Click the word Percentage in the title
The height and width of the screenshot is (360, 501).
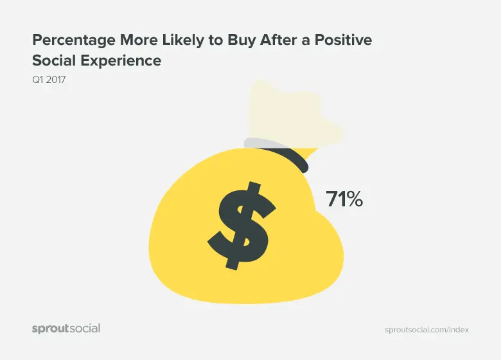coord(74,41)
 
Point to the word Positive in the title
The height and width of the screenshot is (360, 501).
coord(343,40)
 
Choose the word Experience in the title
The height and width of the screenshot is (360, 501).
coord(121,61)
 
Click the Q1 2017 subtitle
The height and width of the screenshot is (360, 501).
coord(49,79)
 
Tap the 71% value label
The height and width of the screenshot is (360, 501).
coord(344,199)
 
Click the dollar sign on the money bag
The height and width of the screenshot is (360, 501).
coord(242,226)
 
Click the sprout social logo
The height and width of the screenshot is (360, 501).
coord(66,329)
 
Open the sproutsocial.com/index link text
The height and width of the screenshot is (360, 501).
coord(427,330)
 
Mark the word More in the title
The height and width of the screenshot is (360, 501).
coord(139,40)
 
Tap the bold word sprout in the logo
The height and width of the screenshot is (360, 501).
coord(51,329)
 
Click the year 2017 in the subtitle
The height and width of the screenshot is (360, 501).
coord(56,79)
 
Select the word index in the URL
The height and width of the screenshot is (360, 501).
coord(459,330)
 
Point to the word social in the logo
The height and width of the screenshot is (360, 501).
coord(85,328)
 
